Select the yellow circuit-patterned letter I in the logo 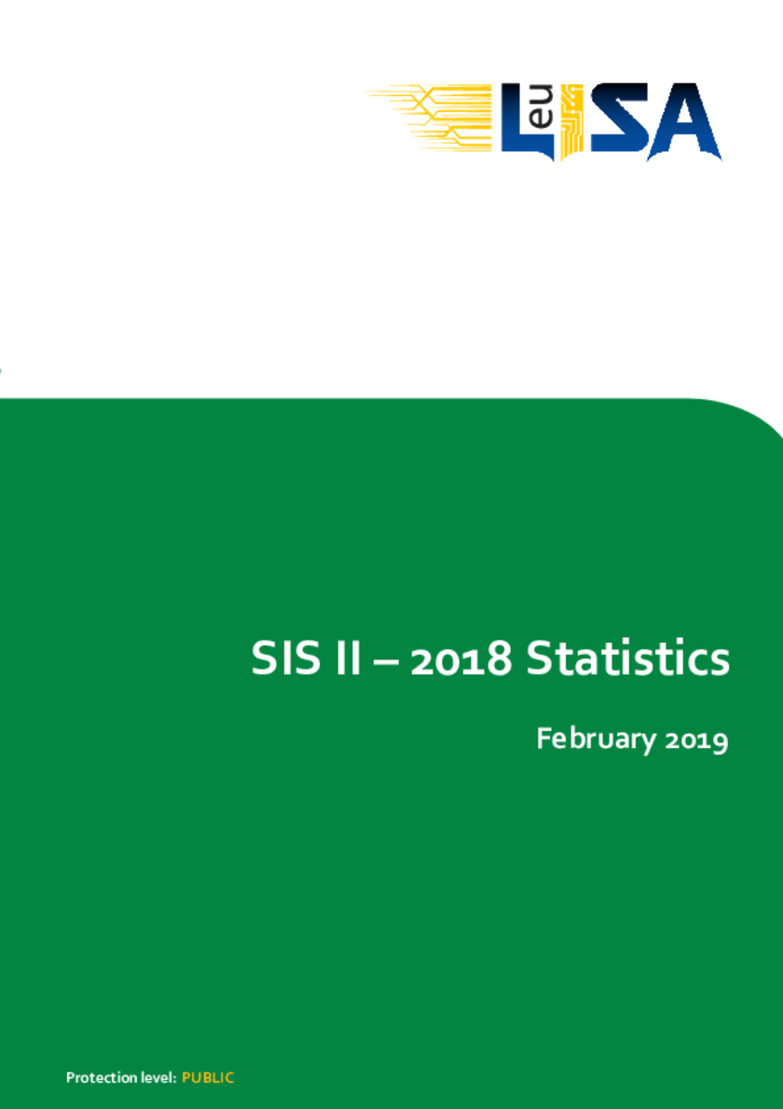click(570, 121)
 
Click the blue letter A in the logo click(684, 121)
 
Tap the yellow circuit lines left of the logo click(430, 117)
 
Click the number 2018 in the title click(460, 659)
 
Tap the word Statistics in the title click(627, 658)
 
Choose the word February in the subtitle click(597, 740)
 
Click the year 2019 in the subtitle click(696, 741)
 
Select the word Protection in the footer click(94, 1078)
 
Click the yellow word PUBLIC click(208, 1078)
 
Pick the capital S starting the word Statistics click(539, 658)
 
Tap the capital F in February click(544, 739)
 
